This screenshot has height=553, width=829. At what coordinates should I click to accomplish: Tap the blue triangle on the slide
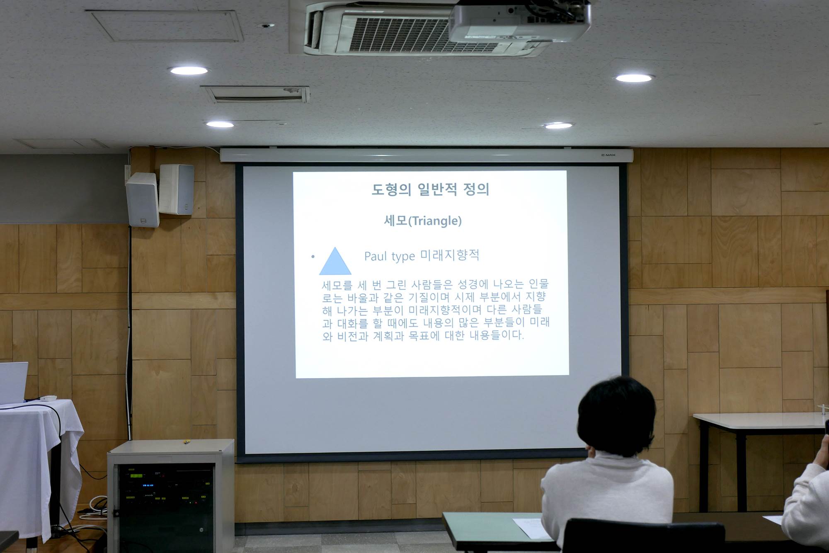click(335, 262)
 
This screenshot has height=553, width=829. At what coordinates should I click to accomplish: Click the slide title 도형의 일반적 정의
click(430, 189)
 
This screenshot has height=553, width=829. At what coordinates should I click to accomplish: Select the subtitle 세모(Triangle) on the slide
click(423, 221)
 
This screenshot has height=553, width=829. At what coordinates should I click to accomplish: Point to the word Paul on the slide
click(376, 256)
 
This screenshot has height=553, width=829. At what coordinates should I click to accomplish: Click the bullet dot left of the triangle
click(313, 257)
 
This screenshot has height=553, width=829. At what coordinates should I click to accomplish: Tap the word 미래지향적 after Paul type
click(450, 255)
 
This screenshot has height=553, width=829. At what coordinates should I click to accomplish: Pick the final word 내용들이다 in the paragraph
click(497, 335)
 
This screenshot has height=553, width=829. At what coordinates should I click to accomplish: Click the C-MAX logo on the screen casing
click(608, 155)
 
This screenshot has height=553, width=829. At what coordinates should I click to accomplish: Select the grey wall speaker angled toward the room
click(143, 200)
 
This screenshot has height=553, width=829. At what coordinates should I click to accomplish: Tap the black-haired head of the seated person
click(617, 416)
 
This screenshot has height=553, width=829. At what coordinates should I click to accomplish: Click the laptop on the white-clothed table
click(13, 382)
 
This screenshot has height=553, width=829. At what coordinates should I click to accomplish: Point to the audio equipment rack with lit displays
click(166, 502)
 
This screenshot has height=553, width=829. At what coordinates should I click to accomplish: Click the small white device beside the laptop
click(48, 398)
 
